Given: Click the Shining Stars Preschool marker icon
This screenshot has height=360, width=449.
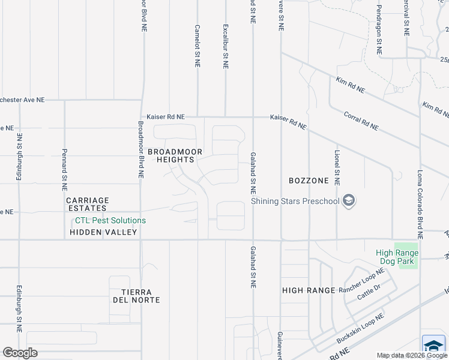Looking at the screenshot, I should coord(349,202).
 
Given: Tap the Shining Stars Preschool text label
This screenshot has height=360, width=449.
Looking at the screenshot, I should coord(295,202).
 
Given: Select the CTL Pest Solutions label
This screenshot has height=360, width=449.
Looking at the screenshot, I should coord(106,220).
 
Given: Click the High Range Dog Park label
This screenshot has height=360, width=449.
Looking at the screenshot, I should coord(397,257).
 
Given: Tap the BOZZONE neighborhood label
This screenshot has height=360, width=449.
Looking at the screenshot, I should coord(309,181).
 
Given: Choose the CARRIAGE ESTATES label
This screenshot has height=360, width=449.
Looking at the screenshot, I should coord(88,205).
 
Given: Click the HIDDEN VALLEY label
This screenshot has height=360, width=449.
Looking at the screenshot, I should coord(103,232).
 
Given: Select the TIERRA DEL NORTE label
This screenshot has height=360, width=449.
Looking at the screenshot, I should coord(136,295).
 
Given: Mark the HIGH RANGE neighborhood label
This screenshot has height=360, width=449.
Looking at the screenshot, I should coord(309,290).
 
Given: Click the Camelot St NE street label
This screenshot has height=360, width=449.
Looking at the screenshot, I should coord(197,46).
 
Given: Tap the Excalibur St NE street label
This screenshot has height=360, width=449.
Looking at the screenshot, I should coord(225,46).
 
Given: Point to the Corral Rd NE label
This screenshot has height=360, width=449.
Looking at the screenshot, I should coord(361,120).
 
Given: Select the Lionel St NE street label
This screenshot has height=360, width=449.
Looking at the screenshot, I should coord(337,167).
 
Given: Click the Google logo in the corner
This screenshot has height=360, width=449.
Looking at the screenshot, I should coord(20,353).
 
